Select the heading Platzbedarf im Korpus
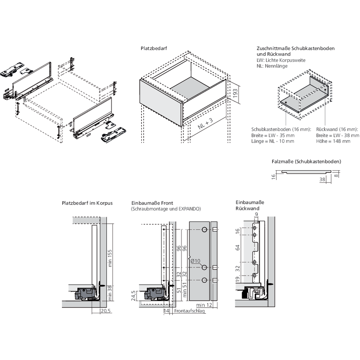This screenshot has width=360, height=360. click(x=87, y=203)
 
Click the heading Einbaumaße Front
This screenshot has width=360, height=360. click(x=152, y=203)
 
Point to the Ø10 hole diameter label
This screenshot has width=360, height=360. click(x=195, y=261)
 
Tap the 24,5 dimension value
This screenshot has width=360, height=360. click(x=133, y=296)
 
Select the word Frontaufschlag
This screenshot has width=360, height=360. click(x=190, y=311)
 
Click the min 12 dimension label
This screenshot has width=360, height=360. click(x=204, y=305)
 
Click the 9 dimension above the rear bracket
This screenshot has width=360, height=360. click(x=256, y=215)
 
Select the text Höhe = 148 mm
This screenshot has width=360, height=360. click(x=333, y=141)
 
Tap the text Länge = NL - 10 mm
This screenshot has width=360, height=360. click(x=273, y=141)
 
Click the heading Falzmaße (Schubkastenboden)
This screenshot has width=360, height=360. click(x=306, y=162)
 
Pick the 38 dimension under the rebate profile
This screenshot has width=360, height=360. click(x=323, y=179)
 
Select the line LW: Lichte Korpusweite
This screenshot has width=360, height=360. click(x=281, y=60)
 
